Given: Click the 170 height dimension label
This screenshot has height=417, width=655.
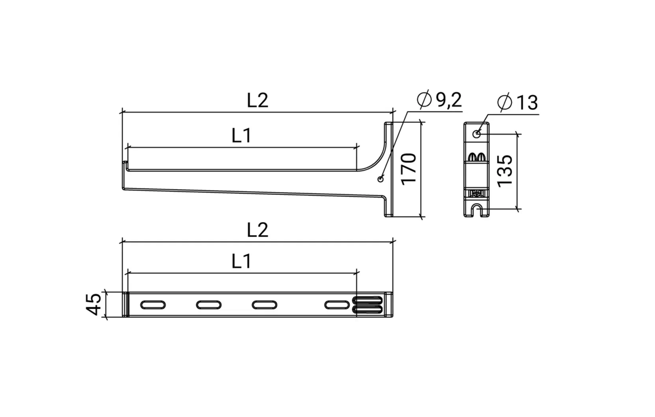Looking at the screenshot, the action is (x=409, y=169).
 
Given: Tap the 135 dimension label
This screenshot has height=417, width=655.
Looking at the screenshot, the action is (x=505, y=171).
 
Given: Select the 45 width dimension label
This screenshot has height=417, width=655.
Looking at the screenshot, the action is (x=94, y=304).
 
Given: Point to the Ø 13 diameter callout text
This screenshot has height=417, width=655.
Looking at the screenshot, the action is (x=518, y=102).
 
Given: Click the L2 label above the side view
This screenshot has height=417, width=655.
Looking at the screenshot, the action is (x=257, y=100).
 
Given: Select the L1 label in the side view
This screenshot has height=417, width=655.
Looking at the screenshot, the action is (x=241, y=136).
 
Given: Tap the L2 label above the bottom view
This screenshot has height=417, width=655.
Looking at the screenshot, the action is (x=257, y=230).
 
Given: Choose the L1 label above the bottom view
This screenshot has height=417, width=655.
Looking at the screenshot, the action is (x=241, y=261).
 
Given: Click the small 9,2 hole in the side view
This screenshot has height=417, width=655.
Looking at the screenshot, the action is (x=381, y=179).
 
